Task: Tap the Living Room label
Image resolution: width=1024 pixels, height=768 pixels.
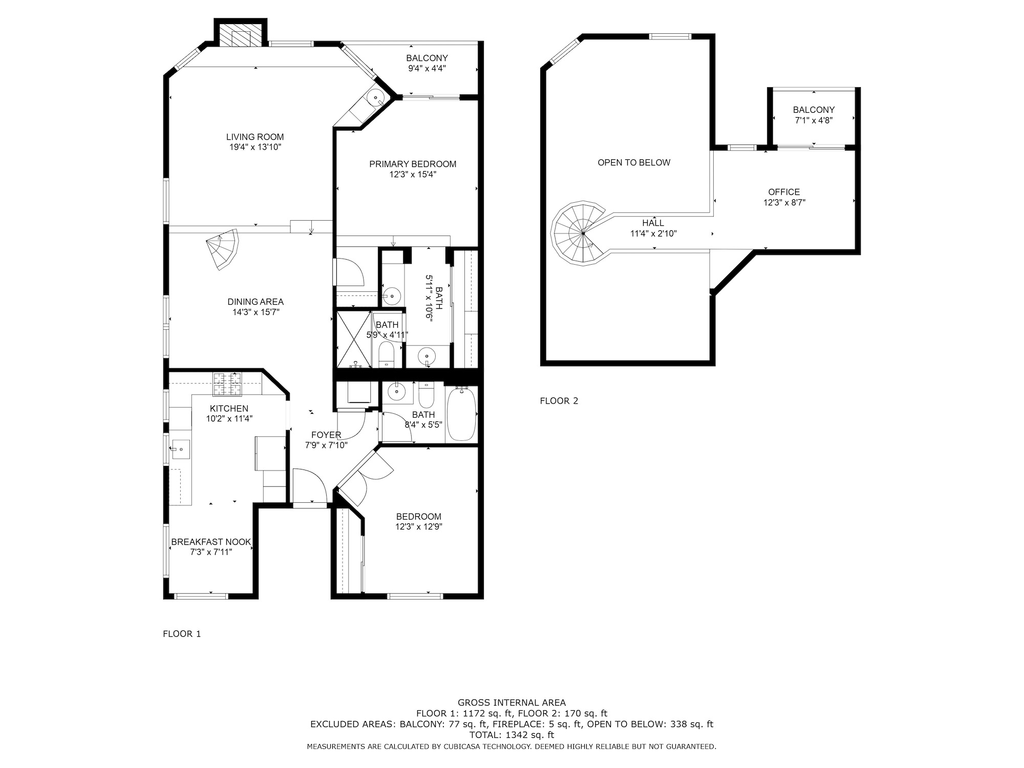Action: tap(255, 137)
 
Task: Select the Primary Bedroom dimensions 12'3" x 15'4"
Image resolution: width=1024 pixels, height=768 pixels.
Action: tap(413, 175)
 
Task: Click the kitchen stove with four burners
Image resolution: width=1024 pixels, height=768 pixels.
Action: tap(227, 384)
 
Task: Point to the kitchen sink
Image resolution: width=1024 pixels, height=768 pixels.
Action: tap(180, 450)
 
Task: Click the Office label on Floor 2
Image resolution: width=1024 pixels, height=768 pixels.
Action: tap(784, 192)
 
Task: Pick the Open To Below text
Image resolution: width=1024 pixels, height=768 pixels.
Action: tap(634, 162)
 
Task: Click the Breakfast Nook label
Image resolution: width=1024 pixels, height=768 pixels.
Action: tap(211, 542)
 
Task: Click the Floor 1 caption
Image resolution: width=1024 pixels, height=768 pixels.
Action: tap(182, 634)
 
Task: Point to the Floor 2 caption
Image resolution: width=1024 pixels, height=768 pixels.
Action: tap(559, 401)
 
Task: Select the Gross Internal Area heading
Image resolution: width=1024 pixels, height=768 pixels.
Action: tap(511, 702)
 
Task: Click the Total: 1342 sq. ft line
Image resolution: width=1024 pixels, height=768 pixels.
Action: tap(511, 735)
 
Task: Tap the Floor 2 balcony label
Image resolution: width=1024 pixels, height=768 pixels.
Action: tap(814, 110)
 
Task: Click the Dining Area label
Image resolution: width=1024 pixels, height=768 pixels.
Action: tap(255, 302)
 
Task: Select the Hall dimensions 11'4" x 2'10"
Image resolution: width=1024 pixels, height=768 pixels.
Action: tap(653, 233)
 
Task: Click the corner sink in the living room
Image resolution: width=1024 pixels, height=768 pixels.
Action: tap(376, 97)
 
